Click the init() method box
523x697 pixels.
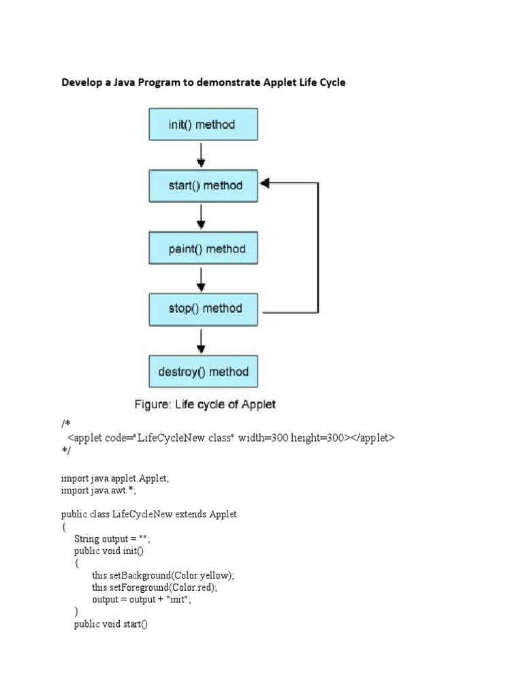[x=203, y=125]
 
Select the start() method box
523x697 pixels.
[x=203, y=185]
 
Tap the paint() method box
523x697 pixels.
[x=203, y=248]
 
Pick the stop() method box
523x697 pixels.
[x=203, y=309]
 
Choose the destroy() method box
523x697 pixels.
[x=203, y=372]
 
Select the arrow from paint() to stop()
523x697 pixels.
[x=201, y=278]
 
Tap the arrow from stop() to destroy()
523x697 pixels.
[x=201, y=340]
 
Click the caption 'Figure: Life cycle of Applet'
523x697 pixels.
[x=204, y=404]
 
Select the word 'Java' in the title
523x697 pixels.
[x=133, y=82]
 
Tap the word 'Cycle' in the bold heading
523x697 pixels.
[x=330, y=82]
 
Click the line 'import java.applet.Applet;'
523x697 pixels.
[x=115, y=479]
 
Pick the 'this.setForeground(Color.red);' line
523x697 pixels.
[x=161, y=587]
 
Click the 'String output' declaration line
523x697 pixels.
[x=112, y=538]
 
